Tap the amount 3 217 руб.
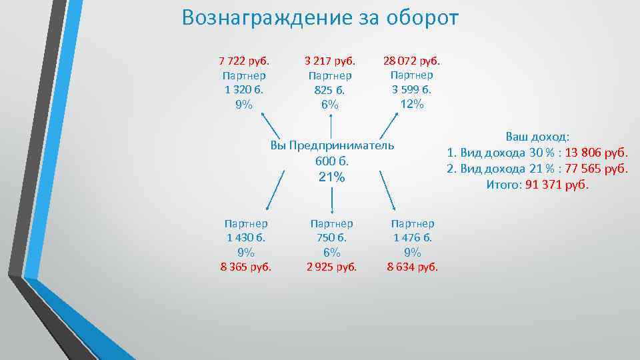pyautogui.click(x=329, y=61)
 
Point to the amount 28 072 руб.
pyautogui.click(x=411, y=61)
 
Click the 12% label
pyautogui.click(x=411, y=103)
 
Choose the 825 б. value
pyautogui.click(x=329, y=90)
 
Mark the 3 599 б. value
pyautogui.click(x=411, y=89)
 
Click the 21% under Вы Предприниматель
pyautogui.click(x=331, y=177)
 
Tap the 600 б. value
pyautogui.click(x=331, y=161)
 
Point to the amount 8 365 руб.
pyautogui.click(x=246, y=267)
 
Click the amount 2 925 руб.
pyautogui.click(x=331, y=267)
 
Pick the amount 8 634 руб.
pyautogui.click(x=412, y=267)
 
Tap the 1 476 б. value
pyautogui.click(x=412, y=237)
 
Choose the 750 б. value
pyautogui.click(x=331, y=237)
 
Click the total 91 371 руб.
pyautogui.click(x=557, y=185)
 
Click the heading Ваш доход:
pyautogui.click(x=537, y=137)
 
